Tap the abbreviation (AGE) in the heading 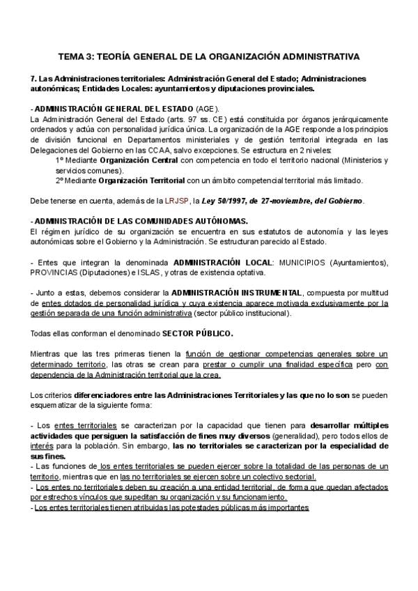(x=207, y=109)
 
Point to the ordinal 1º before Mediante (x=61, y=160)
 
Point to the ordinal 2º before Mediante (x=61, y=180)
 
